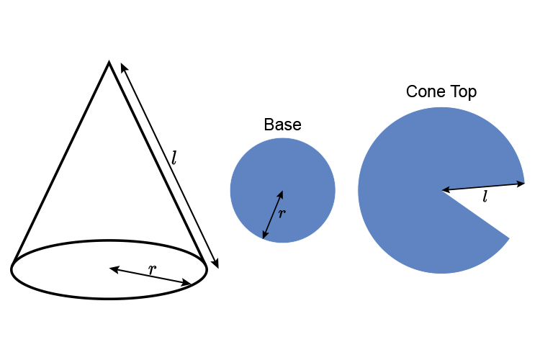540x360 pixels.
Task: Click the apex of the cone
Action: pos(109,63)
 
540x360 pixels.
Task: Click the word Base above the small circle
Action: pos(282,125)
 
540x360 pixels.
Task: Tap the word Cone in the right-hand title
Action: pos(425,92)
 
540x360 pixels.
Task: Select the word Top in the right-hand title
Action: pos(462,92)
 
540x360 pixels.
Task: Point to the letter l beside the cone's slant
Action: pos(174,156)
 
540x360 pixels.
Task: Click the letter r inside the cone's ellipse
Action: pos(152,269)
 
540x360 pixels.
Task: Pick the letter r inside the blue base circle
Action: pos(282,212)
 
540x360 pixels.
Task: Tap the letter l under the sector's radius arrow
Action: pos(485,196)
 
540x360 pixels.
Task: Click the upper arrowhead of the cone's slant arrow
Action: pos(122,66)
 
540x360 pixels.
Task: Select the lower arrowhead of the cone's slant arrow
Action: pos(216,264)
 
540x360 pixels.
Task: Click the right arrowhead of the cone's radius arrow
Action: pos(189,284)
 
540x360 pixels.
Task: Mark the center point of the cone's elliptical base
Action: pos(111,269)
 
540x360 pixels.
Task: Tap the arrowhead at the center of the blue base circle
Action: pos(281,194)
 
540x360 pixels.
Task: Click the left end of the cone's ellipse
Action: pos(12,269)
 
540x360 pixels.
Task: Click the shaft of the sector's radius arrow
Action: pos(483,187)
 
